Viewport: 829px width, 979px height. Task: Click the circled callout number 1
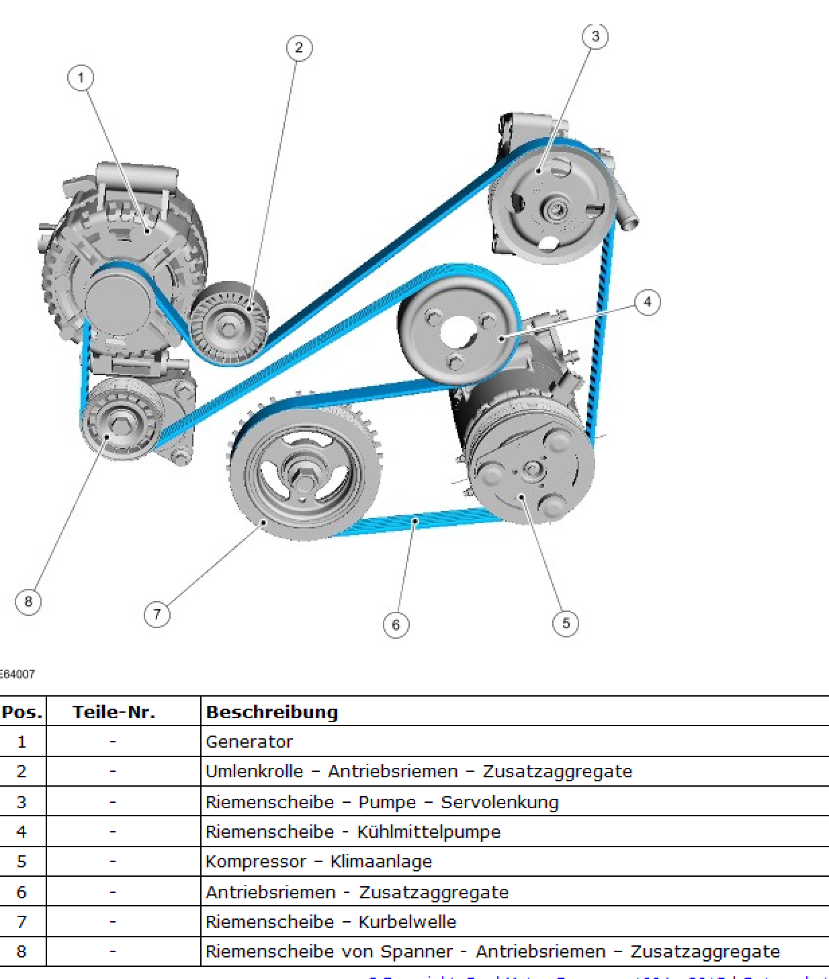pos(81,77)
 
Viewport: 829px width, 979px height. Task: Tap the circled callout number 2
pos(299,48)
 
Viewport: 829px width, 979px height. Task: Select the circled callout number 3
pos(595,36)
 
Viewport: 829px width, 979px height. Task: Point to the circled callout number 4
pos(648,302)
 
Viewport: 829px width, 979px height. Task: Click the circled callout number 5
pos(566,623)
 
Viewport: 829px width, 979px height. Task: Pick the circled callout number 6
pos(396,625)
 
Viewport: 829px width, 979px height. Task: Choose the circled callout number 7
pos(157,614)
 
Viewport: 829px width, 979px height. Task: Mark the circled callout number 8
pos(28,601)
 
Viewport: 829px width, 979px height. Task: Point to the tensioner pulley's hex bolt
pos(121,424)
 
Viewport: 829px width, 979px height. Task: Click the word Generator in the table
pos(249,742)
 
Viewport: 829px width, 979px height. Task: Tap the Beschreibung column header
pos(272,712)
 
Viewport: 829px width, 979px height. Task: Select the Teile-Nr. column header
pos(114,712)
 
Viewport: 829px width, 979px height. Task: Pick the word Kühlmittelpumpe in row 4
pos(429,832)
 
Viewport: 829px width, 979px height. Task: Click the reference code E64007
pos(16,674)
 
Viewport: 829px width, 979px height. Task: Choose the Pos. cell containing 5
pos(21,861)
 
